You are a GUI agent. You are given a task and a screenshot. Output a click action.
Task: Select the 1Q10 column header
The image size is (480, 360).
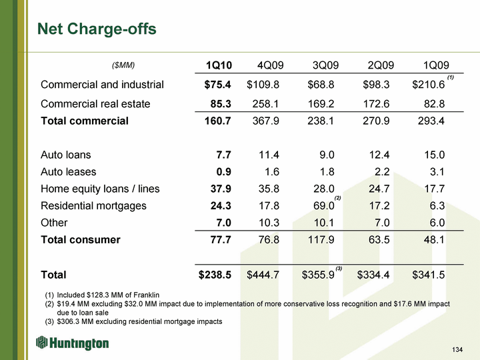[x=219, y=65]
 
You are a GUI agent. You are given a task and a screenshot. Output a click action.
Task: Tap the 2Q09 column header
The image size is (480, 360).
[x=381, y=65]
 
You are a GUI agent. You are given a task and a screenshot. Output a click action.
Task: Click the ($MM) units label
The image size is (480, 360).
[x=123, y=65]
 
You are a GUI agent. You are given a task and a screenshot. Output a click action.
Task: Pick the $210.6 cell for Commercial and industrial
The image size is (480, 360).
[x=429, y=85]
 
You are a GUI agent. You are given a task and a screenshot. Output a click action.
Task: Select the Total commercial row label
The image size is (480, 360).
[x=85, y=121]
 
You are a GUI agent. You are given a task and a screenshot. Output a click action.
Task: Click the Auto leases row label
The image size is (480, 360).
[x=69, y=172]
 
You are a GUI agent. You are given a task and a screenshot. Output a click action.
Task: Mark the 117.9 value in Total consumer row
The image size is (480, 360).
[x=321, y=239]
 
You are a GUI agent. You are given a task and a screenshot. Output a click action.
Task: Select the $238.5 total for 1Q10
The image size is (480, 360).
[x=215, y=274]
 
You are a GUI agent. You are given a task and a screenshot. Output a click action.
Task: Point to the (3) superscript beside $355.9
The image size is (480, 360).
[x=339, y=268]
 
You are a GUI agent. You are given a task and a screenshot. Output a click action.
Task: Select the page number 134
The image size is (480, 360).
[x=457, y=350]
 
